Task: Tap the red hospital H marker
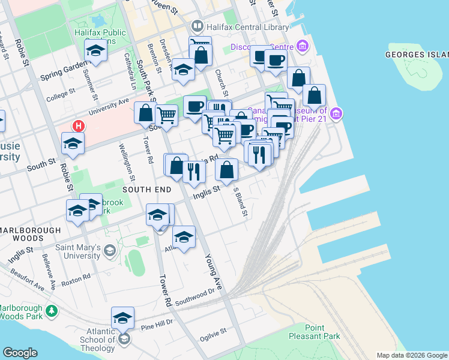pos(78,126)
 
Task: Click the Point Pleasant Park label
pos(315,332)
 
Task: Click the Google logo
pos(20,353)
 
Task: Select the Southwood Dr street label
pos(196,295)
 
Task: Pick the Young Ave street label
pos(214,272)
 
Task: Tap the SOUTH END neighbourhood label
pos(147,189)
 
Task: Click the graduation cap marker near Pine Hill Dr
pos(122,318)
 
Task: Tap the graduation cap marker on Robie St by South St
pos(73,144)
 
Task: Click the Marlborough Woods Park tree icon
pos(53,311)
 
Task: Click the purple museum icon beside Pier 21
pos(336,113)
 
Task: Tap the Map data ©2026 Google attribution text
pos(411,355)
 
